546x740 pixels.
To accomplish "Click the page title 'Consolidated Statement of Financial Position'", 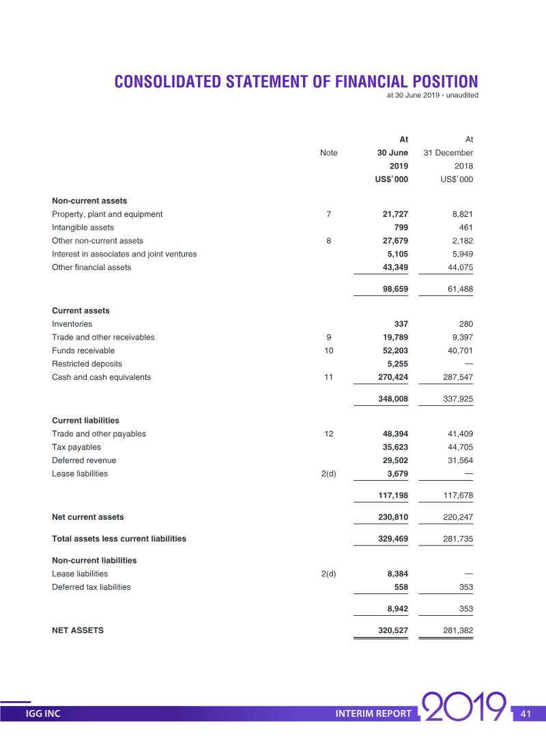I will pyautogui.click(x=296, y=82).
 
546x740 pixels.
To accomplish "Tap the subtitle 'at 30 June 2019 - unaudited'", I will pyautogui.click(x=432, y=95).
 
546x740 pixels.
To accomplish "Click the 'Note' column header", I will pyautogui.click(x=328, y=153).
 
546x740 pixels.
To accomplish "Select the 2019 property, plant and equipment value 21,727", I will pyautogui.click(x=395, y=214).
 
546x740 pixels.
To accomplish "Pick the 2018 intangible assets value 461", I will pyautogui.click(x=465, y=228).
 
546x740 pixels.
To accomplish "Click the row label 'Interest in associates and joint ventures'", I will pyautogui.click(x=124, y=254).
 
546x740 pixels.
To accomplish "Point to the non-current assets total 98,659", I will pyautogui.click(x=395, y=289).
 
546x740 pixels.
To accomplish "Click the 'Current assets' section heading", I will pyautogui.click(x=81, y=311).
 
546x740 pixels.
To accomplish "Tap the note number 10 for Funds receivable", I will pyautogui.click(x=328, y=351).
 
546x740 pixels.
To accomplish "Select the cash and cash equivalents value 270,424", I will pyautogui.click(x=392, y=377).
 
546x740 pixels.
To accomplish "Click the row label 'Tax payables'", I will pyautogui.click(x=76, y=447).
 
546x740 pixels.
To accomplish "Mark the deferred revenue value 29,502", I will pyautogui.click(x=395, y=460).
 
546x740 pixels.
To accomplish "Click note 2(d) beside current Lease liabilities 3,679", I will pyautogui.click(x=328, y=474).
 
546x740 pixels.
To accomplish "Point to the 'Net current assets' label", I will pyautogui.click(x=88, y=517).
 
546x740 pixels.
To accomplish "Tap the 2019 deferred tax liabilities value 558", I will pyautogui.click(x=401, y=587).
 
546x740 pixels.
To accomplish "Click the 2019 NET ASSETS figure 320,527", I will pyautogui.click(x=392, y=631).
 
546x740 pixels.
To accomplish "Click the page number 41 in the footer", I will pyautogui.click(x=526, y=714).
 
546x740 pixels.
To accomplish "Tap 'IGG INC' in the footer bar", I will pyautogui.click(x=43, y=714).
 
